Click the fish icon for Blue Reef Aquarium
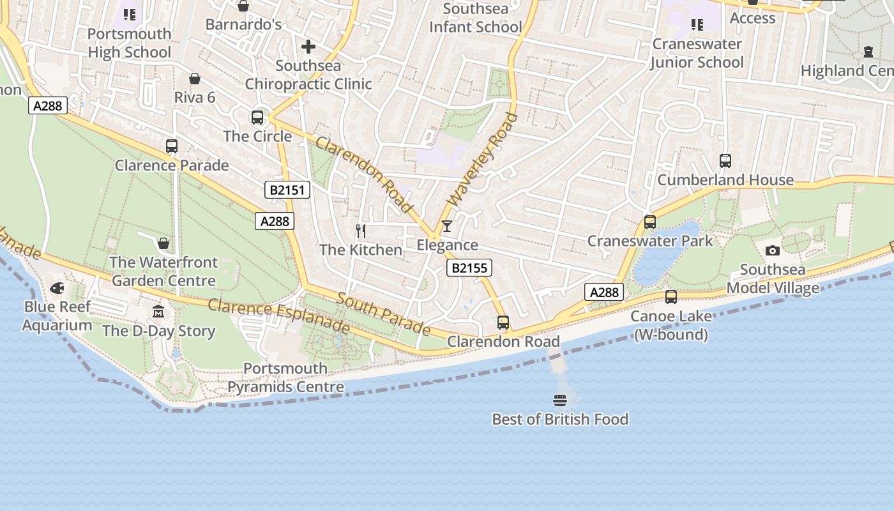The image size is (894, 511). [x=57, y=288]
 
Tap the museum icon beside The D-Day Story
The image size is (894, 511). [x=158, y=312]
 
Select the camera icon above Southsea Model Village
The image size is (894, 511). [x=772, y=250]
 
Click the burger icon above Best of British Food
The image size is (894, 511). [x=560, y=400]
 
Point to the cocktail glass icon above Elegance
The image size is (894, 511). [x=447, y=226]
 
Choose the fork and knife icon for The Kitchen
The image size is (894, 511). [x=361, y=231]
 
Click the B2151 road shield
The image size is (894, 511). [x=287, y=190]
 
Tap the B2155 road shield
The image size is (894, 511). [x=469, y=268]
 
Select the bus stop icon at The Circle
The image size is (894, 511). [x=257, y=118]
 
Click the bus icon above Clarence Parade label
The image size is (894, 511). [x=172, y=146]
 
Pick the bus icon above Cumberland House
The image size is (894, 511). [x=725, y=161]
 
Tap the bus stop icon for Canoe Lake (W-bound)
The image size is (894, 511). [x=670, y=297]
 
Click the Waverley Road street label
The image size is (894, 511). [x=483, y=160]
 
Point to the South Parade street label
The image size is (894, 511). [x=384, y=314]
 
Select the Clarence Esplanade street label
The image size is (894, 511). [x=279, y=316]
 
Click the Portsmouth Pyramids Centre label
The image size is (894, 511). [x=285, y=378]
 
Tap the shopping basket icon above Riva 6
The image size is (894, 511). [x=195, y=79]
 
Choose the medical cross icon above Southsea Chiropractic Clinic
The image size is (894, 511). [x=308, y=47]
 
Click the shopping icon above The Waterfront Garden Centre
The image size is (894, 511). [x=163, y=243]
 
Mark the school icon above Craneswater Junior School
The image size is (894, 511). [x=697, y=25]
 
